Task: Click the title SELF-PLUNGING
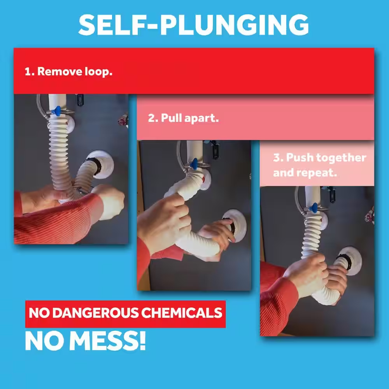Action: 194,25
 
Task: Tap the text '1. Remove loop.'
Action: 68,72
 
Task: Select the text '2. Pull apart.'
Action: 183,118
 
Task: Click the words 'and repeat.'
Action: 305,173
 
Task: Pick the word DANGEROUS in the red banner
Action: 96,313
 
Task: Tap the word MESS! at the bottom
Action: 107,341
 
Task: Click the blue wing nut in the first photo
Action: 57,111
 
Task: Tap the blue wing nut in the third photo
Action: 314,207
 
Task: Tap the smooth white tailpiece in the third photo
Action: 313,196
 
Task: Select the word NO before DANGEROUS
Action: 39,313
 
